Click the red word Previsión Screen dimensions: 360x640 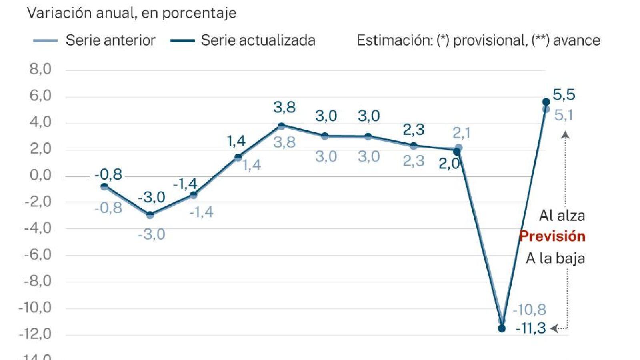click(x=552, y=236)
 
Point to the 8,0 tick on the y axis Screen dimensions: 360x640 click(x=40, y=69)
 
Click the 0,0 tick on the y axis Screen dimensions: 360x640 click(x=40, y=175)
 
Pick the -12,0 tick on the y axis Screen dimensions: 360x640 click(x=35, y=334)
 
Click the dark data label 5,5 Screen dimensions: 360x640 click(x=564, y=95)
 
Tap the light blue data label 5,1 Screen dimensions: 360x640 click(x=564, y=116)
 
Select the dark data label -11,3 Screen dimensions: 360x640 click(x=531, y=328)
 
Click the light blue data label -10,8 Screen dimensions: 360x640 click(x=529, y=310)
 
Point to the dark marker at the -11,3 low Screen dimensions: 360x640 click(x=502, y=328)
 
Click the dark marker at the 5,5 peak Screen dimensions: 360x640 click(x=546, y=102)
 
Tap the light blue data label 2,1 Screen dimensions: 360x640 click(x=461, y=133)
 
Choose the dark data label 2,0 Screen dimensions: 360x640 click(x=448, y=164)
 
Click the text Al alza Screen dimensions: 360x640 click(x=562, y=216)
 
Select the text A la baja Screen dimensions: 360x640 click(x=555, y=258)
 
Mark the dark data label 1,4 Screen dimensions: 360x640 click(x=236, y=141)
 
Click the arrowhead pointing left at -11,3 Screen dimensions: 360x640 click(x=554, y=328)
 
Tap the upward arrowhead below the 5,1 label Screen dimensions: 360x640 click(x=565, y=135)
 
